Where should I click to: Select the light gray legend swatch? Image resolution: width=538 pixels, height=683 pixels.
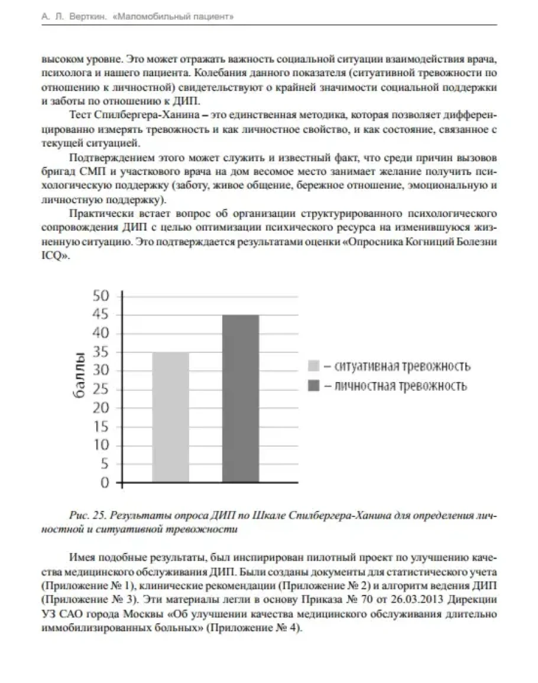[x=314, y=366]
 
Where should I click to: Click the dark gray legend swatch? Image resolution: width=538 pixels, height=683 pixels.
[x=314, y=386]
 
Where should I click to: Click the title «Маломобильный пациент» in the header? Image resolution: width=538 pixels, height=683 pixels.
[x=171, y=18]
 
